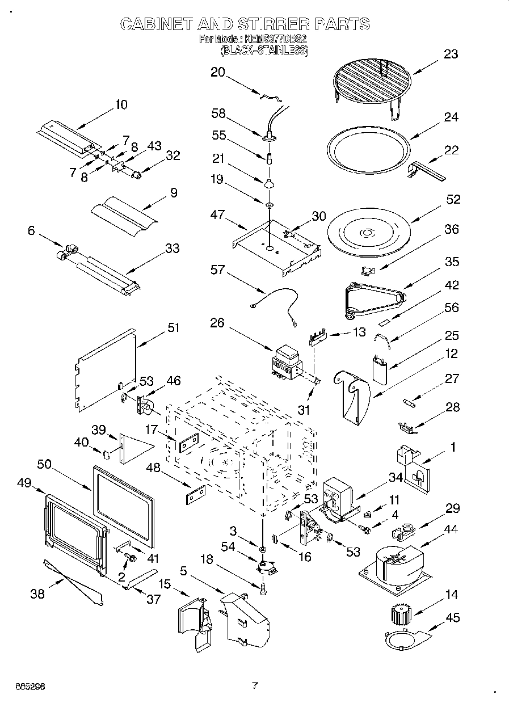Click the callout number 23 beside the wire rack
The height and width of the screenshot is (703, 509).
coord(451,54)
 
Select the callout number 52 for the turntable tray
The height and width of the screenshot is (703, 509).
coord(453,200)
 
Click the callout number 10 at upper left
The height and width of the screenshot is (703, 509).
coord(121,104)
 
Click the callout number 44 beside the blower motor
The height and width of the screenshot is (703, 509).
coord(451,529)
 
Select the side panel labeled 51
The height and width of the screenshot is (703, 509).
coord(107,369)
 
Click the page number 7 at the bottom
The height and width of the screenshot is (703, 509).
coord(254,685)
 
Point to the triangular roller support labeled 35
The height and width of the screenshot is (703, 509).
coord(374,297)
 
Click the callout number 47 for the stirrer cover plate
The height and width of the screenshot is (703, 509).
coord(217,216)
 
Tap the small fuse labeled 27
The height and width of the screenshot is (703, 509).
coord(410,403)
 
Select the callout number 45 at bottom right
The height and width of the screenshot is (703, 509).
coord(453,617)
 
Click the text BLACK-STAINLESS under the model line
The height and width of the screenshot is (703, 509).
coord(264,50)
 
